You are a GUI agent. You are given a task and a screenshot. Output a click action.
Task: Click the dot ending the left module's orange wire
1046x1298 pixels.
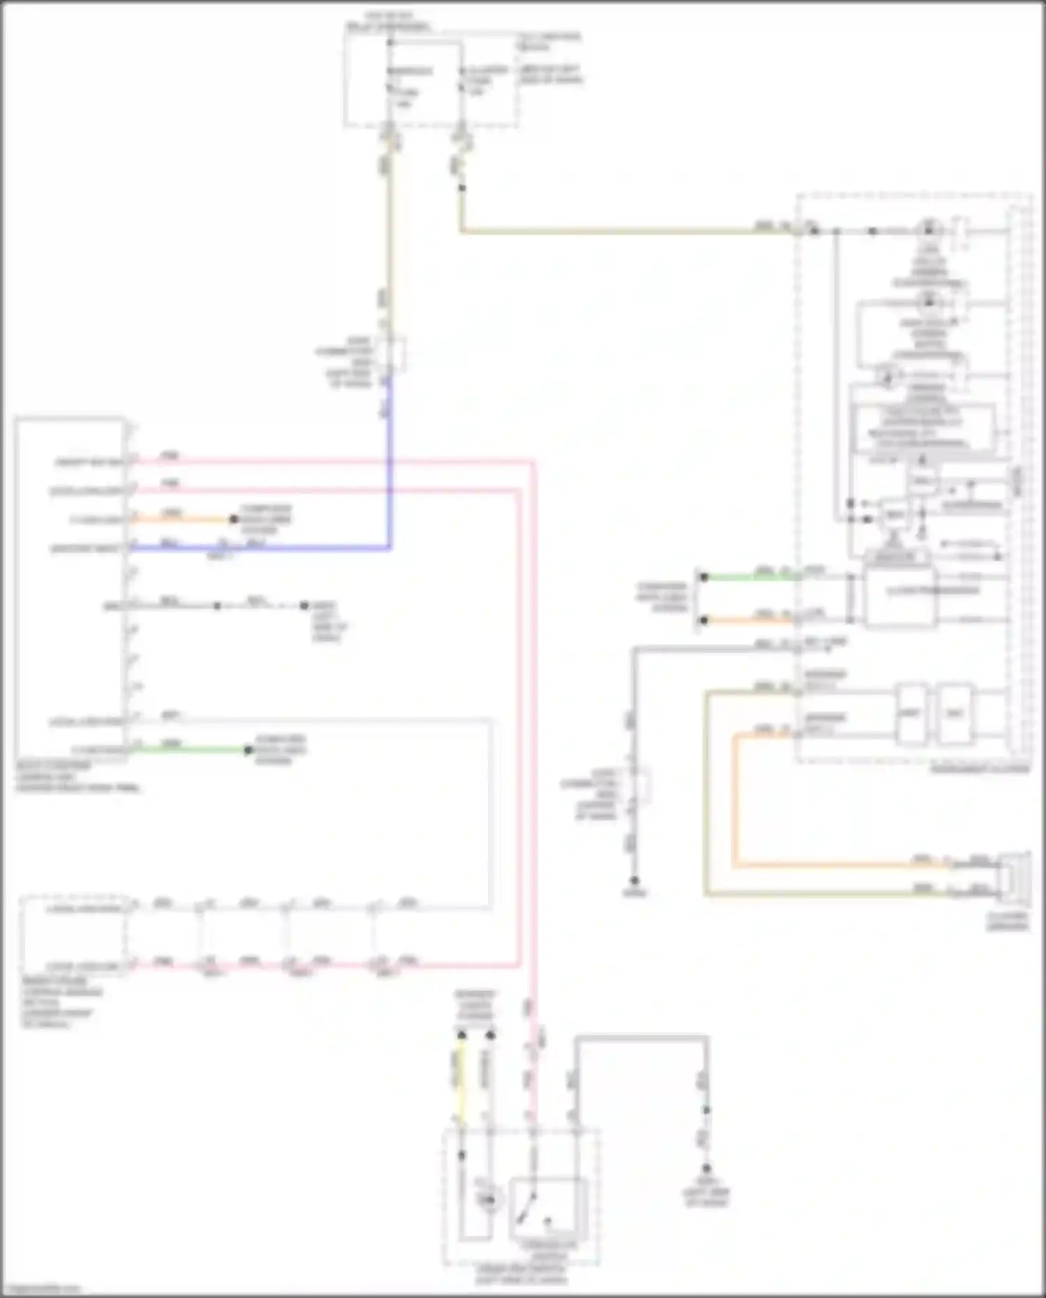(234, 519)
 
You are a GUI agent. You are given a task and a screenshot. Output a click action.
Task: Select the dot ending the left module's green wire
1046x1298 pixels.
(248, 750)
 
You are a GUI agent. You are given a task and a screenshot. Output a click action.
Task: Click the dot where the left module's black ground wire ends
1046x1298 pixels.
(304, 605)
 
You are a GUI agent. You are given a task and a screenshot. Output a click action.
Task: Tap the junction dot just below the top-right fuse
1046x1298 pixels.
(461, 188)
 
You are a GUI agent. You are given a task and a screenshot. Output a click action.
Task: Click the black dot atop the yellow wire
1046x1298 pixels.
(461, 1035)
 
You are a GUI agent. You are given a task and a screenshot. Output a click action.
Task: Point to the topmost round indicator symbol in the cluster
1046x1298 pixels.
(928, 229)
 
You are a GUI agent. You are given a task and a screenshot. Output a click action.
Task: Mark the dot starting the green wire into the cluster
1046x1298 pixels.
(704, 577)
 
